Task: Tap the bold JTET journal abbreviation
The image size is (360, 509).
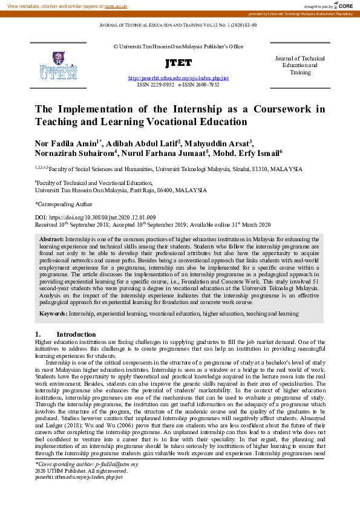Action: (x=178, y=63)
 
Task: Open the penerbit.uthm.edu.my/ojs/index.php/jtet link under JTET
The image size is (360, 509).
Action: (x=178, y=79)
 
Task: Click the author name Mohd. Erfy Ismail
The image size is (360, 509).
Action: (x=244, y=154)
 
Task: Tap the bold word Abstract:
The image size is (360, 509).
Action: (x=51, y=240)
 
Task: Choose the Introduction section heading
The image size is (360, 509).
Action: (x=76, y=334)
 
